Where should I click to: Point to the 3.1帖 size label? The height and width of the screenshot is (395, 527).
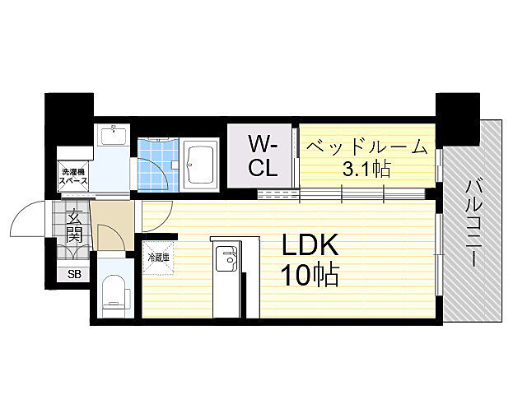pyautogui.click(x=367, y=170)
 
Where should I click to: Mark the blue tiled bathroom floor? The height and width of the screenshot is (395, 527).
pyautogui.click(x=154, y=165)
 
